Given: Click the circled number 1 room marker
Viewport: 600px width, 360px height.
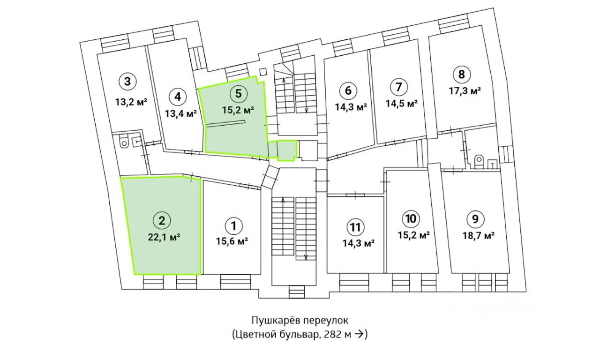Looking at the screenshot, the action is tap(233, 225).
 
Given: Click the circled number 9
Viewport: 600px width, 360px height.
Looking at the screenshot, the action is tap(475, 218).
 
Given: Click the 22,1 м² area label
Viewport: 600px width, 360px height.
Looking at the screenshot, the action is tap(162, 237).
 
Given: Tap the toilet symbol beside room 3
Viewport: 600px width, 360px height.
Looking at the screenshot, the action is tap(124, 142).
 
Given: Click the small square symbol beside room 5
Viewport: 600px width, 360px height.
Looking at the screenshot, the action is tap(263, 72).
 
